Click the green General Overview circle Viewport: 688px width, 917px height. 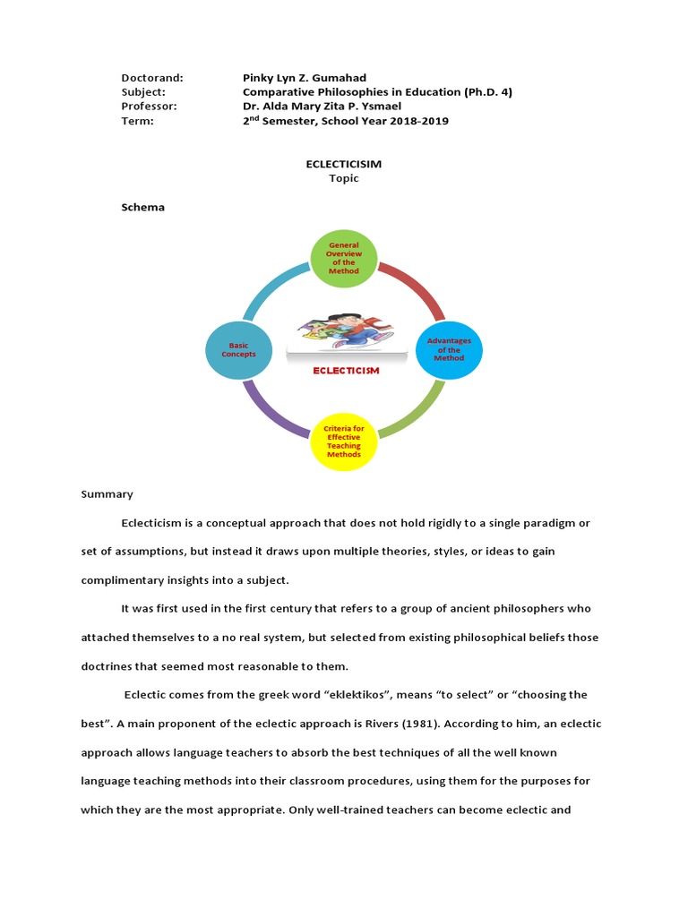tap(344, 258)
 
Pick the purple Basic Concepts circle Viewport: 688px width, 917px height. tap(238, 349)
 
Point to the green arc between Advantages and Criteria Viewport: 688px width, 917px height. tap(415, 411)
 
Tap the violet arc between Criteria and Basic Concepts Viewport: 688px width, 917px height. tap(271, 411)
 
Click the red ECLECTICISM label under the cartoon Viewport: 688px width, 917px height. tap(345, 370)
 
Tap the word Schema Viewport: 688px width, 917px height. tap(143, 208)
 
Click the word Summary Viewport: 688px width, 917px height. tap(107, 494)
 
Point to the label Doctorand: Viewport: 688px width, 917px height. tap(152, 78)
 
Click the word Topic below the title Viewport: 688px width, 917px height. tap(344, 178)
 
